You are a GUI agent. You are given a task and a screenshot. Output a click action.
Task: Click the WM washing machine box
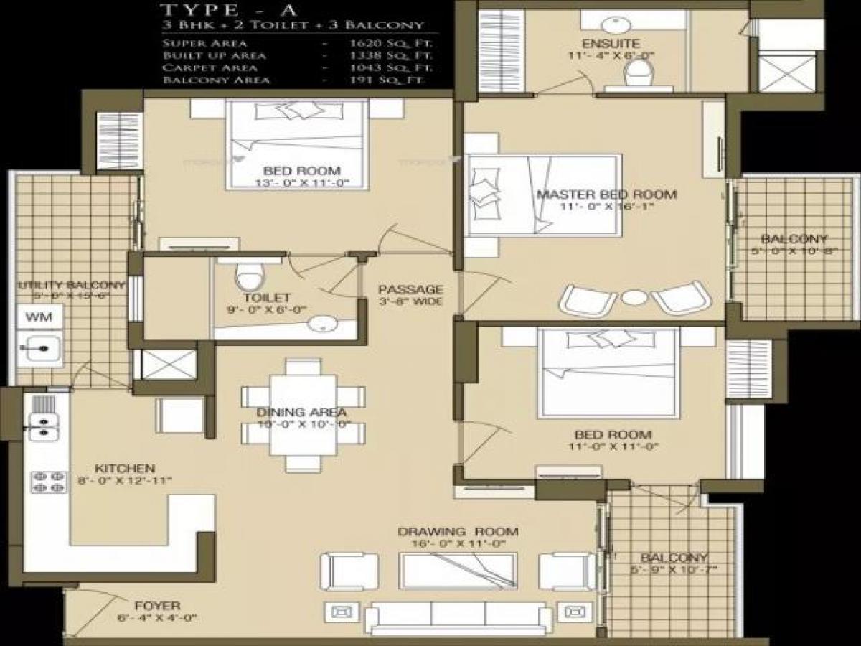[x=34, y=317]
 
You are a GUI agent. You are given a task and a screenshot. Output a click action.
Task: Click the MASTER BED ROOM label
[x=606, y=195]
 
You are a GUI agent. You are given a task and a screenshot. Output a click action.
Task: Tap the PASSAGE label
[x=411, y=289]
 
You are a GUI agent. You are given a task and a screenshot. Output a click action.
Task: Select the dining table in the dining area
[x=303, y=415]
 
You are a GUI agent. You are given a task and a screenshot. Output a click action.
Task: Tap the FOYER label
[x=157, y=605]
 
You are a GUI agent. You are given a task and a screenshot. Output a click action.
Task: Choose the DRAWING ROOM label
[x=458, y=532]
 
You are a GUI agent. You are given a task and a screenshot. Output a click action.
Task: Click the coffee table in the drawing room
[x=458, y=571]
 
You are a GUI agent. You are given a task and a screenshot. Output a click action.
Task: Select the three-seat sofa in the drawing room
[x=458, y=616]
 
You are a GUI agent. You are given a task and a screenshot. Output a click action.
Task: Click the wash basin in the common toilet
[x=324, y=325]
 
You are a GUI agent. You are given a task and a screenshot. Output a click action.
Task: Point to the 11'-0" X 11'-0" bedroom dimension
[x=613, y=446]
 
